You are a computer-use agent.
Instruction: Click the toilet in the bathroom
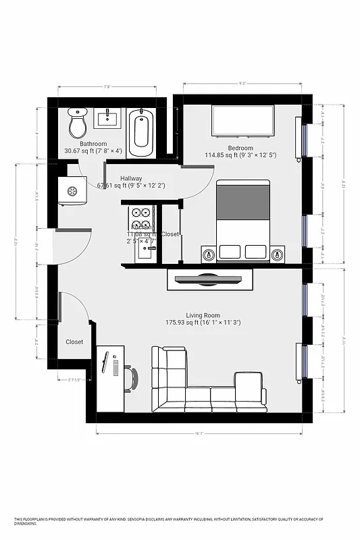pos(78,125)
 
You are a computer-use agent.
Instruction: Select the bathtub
pos(140,131)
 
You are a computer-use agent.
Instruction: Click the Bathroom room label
pos(93,144)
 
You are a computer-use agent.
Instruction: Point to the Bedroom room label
pos(240,148)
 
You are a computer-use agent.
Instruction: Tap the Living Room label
pos(203,315)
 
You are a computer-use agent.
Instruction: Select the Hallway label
pos(131,178)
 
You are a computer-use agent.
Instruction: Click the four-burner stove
pos(142,218)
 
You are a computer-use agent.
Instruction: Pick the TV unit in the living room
pos(209,279)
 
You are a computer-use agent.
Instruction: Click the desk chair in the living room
pos(132,379)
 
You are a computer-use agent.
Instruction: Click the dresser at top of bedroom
pos(243,122)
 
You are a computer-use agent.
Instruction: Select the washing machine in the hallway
pos(70,190)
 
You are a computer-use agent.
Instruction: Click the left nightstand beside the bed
pos(209,254)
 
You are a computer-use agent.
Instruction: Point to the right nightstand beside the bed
pos(277,254)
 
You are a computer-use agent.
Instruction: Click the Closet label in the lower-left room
pos(74,342)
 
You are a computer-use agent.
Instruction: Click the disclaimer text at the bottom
pos(169,520)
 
